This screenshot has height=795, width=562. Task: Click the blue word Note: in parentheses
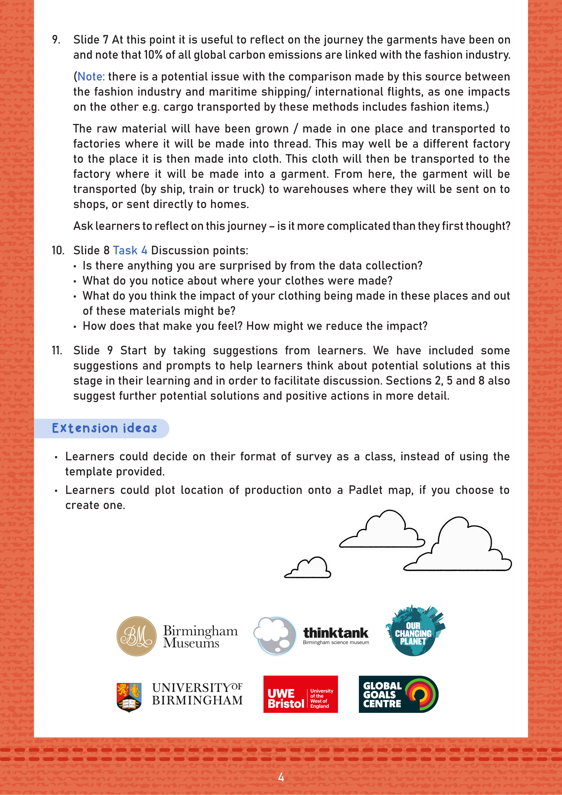[91, 76]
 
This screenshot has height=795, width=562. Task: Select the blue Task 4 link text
[130, 250]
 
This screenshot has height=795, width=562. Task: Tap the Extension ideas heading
[104, 428]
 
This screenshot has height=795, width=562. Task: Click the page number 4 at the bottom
[281, 777]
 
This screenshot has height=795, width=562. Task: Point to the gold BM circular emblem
[136, 636]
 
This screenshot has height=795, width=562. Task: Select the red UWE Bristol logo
[300, 694]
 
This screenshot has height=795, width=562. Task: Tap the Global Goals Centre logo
[398, 694]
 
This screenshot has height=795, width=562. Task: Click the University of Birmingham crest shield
[129, 697]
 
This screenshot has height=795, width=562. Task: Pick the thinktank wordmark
[335, 633]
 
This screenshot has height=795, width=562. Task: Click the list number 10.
[58, 250]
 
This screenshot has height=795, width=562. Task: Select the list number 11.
[57, 351]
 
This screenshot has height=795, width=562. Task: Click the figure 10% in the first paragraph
[153, 55]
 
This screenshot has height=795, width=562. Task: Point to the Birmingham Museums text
[200, 636]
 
